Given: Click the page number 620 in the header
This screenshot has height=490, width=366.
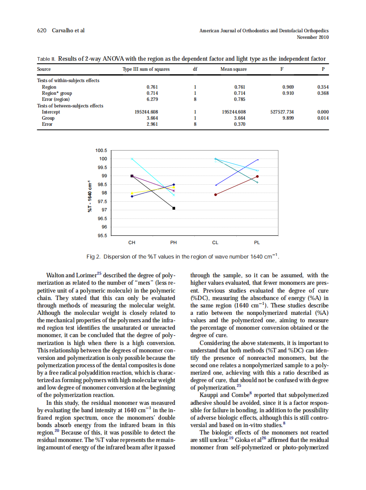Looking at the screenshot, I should tap(41, 31).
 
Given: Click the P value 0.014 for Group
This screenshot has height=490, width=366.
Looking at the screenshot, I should tap(322, 118).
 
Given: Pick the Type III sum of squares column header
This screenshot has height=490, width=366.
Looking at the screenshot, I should tap(146, 69).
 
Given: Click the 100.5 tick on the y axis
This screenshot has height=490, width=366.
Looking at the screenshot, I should tap(101, 150).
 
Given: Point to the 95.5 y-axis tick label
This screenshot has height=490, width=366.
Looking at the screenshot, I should tap(102, 236).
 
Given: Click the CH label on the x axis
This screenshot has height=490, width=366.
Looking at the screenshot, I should tap(131, 242).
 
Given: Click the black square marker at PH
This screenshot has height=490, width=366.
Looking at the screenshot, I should tap(174, 208).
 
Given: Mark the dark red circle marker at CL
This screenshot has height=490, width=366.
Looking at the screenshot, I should tap(216, 194).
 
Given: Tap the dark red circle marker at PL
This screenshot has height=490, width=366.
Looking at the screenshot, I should tap(257, 176).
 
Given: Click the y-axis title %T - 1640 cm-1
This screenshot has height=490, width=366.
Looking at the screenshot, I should tap(90, 197).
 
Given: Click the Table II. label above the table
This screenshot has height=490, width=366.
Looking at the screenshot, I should tap(46, 59).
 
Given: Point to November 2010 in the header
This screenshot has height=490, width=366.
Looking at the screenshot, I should tap(312, 37).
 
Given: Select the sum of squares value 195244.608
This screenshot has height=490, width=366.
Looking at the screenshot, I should tap(146, 112).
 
